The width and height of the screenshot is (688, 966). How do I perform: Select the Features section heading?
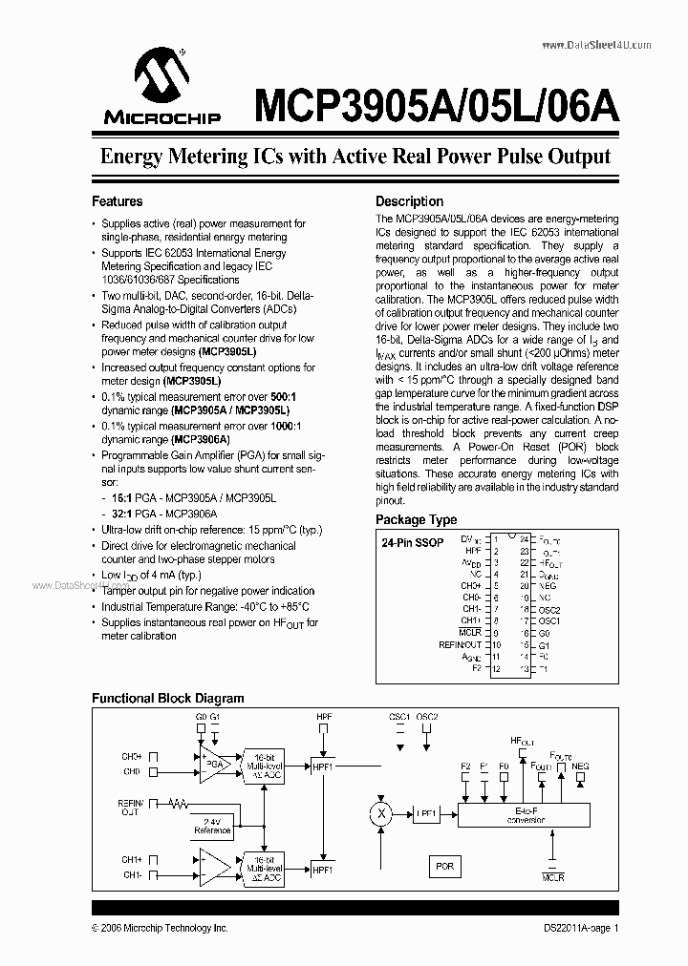[x=117, y=201]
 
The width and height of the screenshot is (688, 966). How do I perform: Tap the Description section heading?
[x=409, y=201]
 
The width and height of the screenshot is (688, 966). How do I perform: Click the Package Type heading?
[x=416, y=520]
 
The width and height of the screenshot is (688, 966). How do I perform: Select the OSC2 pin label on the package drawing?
[x=548, y=609]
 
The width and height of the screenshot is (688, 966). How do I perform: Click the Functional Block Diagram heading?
[x=167, y=698]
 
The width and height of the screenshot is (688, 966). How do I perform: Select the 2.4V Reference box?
[x=212, y=825]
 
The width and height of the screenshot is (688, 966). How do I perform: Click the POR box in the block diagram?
[x=444, y=867]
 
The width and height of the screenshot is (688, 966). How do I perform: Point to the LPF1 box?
[x=425, y=813]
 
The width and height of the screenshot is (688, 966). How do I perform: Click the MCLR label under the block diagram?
[x=552, y=874]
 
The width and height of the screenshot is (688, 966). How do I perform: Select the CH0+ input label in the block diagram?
[x=132, y=756]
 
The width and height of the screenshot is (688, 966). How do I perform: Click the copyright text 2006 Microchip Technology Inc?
[x=160, y=927]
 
